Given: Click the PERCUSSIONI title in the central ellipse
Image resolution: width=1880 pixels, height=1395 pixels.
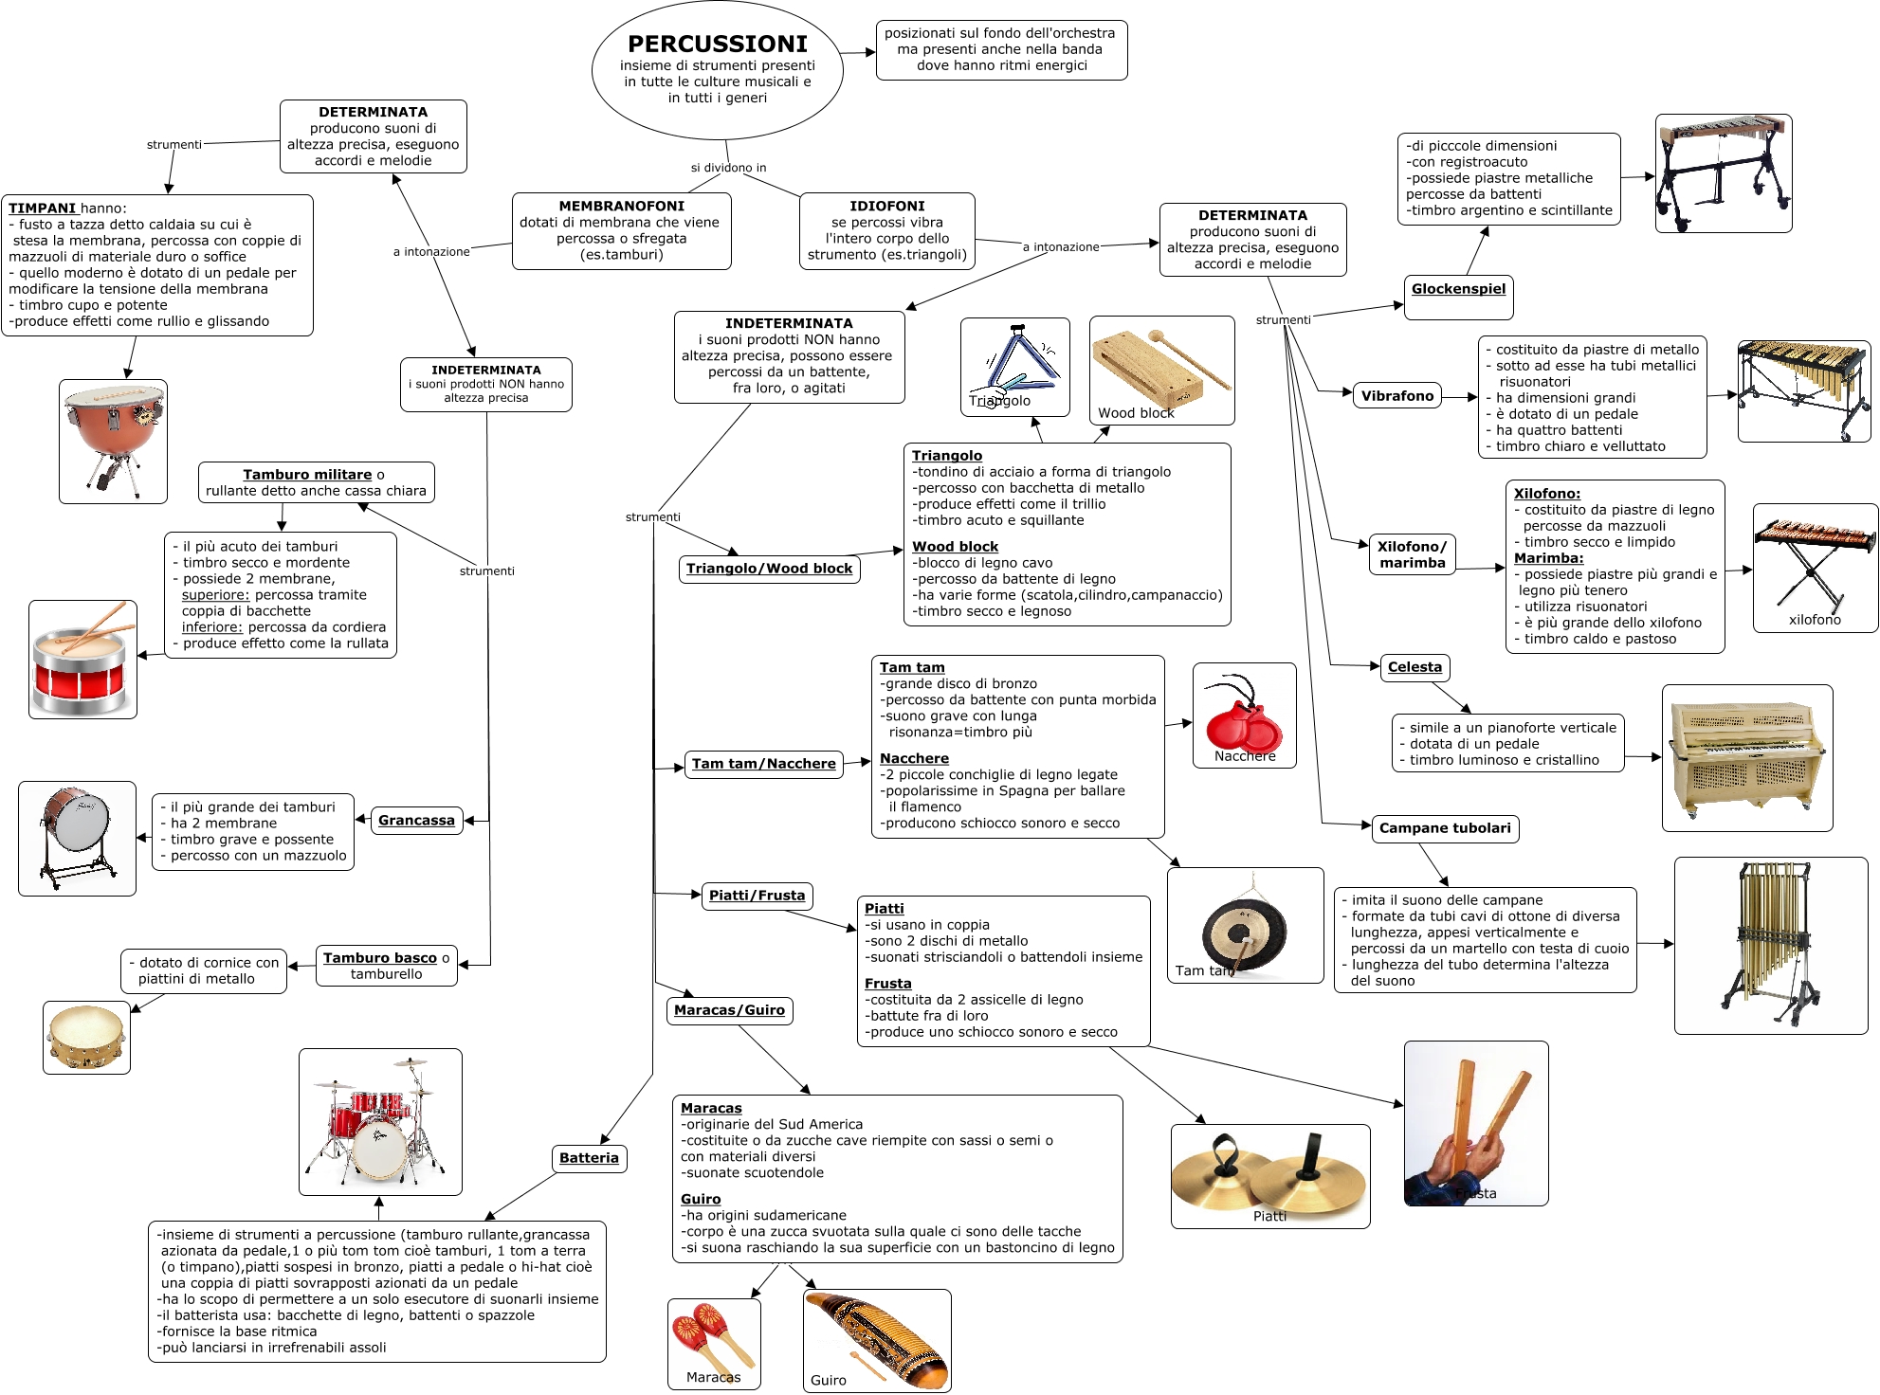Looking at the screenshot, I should pyautogui.click(x=717, y=45).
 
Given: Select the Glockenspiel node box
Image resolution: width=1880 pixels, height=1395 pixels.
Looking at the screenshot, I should pyautogui.click(x=1458, y=290).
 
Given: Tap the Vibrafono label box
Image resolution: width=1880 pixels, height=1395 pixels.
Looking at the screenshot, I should pyautogui.click(x=1396, y=396).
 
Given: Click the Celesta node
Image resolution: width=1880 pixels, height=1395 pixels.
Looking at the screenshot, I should pyautogui.click(x=1415, y=667).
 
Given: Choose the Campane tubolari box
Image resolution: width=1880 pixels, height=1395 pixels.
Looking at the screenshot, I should pyautogui.click(x=1444, y=828).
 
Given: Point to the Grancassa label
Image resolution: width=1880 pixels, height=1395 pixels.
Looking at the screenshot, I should pyautogui.click(x=416, y=821).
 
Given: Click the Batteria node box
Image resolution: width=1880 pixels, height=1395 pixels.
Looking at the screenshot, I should pyautogui.click(x=589, y=1158).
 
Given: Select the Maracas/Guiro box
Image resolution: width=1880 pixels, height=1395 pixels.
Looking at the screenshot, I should pyautogui.click(x=729, y=1010).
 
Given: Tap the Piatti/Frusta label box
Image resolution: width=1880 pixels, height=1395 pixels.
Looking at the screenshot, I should pyautogui.click(x=757, y=896).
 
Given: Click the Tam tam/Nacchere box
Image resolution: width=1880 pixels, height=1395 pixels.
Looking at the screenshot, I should pyautogui.click(x=763, y=764).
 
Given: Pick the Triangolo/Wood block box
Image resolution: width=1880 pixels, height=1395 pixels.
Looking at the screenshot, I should pyautogui.click(x=769, y=569).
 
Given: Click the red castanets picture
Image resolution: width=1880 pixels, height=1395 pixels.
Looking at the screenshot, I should pyautogui.click(x=1243, y=716).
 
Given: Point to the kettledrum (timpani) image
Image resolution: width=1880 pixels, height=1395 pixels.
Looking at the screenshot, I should pyautogui.click(x=113, y=441).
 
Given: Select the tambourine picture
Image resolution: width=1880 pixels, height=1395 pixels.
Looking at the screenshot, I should pyautogui.click(x=86, y=1037).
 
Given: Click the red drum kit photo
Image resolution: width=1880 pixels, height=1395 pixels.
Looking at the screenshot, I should pyautogui.click(x=380, y=1121).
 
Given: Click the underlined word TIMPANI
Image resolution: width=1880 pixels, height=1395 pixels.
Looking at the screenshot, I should pyautogui.click(x=42, y=208).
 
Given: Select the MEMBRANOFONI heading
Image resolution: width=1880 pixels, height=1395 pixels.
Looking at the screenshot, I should pyautogui.click(x=621, y=206).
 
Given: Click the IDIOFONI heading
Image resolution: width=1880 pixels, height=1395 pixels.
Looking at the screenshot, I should pyautogui.click(x=886, y=206).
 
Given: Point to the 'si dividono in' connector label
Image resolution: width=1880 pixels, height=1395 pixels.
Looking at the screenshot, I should pyautogui.click(x=728, y=168).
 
